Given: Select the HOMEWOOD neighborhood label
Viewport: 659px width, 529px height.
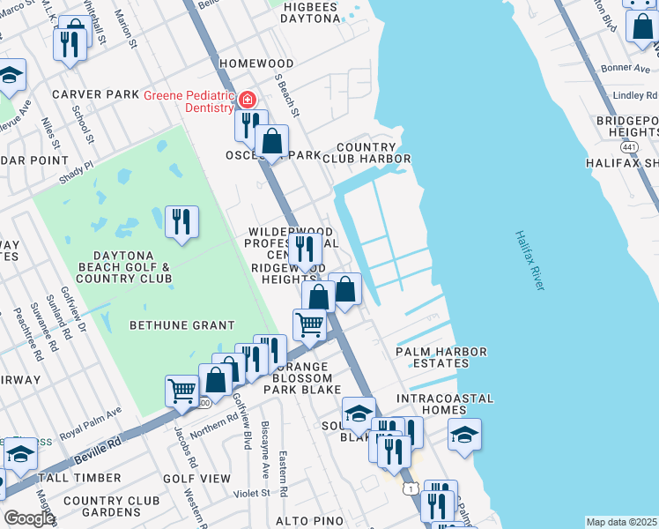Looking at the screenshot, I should [256, 64].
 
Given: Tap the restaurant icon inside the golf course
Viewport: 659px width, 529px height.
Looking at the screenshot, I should [181, 222].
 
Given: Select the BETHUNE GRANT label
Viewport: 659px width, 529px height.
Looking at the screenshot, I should [182, 325].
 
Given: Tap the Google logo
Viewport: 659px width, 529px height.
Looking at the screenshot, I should [28, 518].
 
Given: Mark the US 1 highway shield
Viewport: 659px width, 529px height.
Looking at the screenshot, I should [410, 488].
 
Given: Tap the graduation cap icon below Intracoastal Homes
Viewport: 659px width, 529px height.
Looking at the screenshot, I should [464, 435].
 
